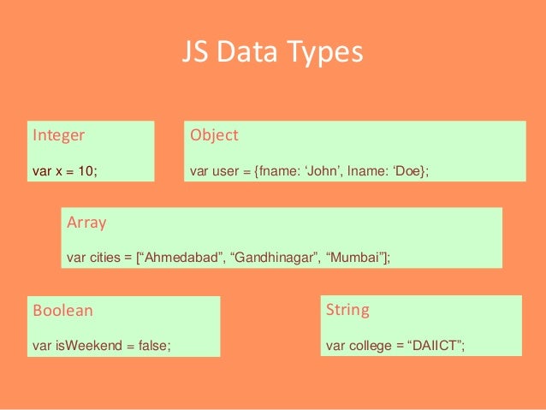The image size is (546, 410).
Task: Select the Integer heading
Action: click(x=58, y=135)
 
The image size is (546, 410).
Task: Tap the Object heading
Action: click(x=214, y=135)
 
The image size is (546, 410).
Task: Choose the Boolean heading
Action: click(x=62, y=311)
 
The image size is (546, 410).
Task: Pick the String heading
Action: click(x=347, y=309)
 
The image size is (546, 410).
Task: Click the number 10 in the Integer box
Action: click(x=86, y=171)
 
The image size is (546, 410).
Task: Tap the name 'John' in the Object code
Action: click(x=323, y=171)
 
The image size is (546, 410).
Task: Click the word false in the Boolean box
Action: click(x=152, y=346)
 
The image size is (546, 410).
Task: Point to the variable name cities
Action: click(x=105, y=257)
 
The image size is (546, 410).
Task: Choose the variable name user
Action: click(x=225, y=171)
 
